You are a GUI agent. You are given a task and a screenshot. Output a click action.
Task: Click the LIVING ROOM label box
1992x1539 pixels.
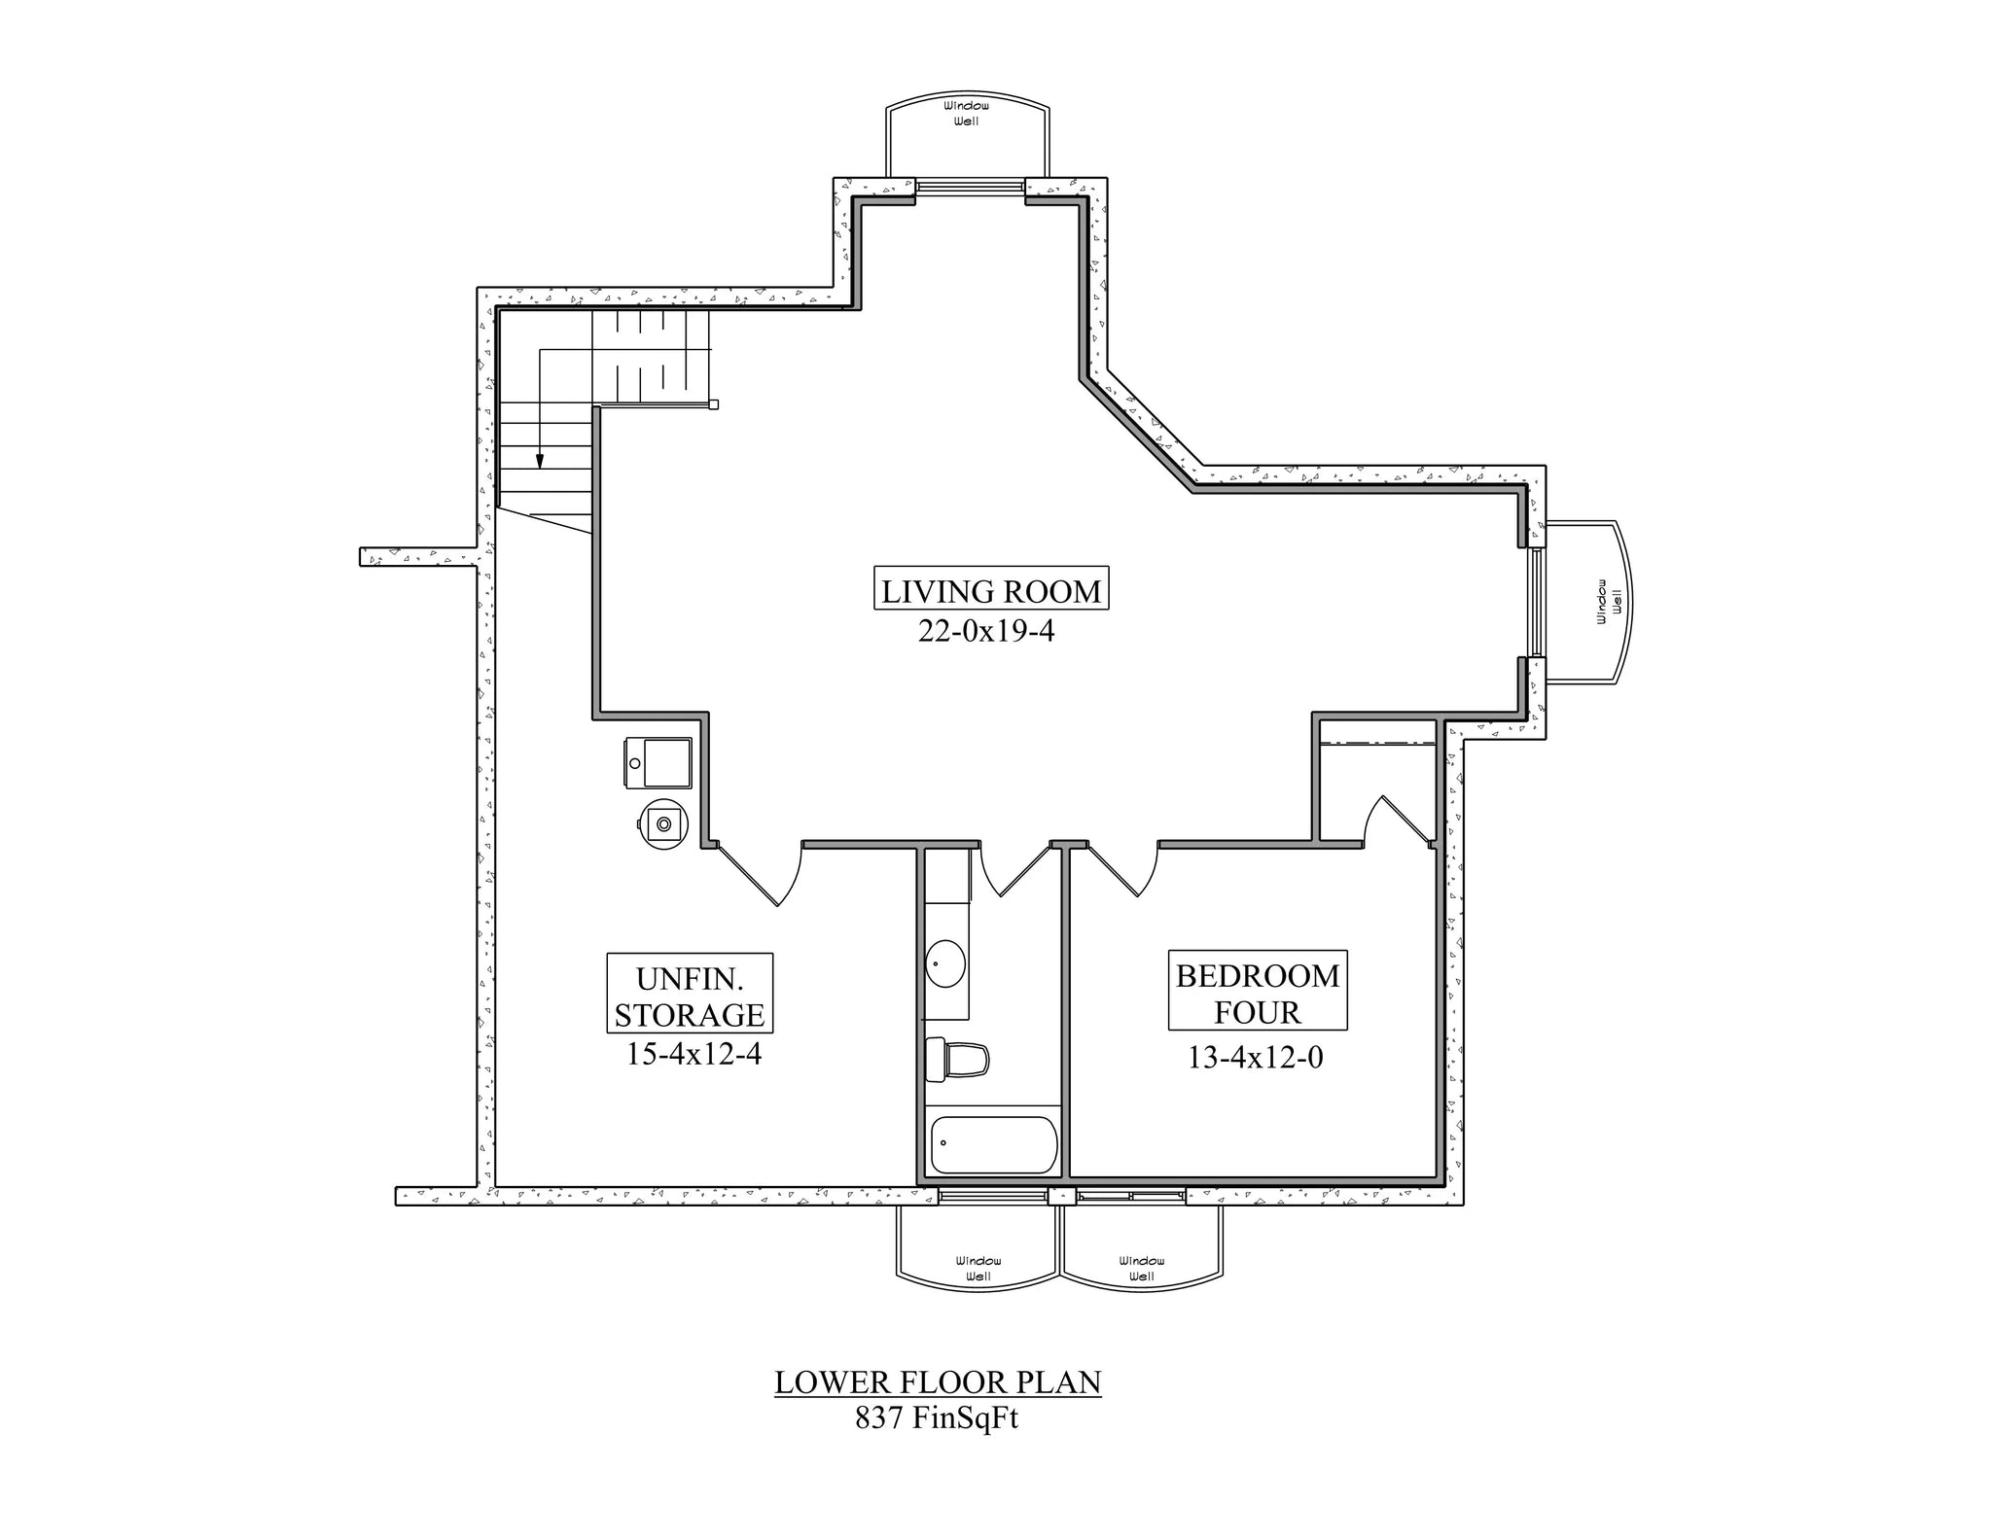pyautogui.click(x=991, y=590)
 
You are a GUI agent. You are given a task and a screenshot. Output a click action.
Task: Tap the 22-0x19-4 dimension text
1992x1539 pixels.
pyautogui.click(x=986, y=632)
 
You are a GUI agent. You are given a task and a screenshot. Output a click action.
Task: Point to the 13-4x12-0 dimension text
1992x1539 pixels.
pyautogui.click(x=1255, y=1058)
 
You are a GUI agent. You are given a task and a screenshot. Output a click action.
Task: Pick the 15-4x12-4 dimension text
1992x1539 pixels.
pyautogui.click(x=693, y=1054)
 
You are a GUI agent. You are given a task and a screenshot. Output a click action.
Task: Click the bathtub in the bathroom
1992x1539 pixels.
pyautogui.click(x=993, y=1144)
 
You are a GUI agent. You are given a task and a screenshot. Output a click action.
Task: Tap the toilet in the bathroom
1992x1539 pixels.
pyautogui.click(x=958, y=1059)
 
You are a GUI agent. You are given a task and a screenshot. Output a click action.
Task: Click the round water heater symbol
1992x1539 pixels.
pyautogui.click(x=663, y=823)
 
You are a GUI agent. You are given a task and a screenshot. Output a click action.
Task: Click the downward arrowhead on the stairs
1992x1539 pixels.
pyautogui.click(x=539, y=461)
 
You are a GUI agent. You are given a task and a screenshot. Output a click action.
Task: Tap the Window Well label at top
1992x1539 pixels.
pyautogui.click(x=967, y=113)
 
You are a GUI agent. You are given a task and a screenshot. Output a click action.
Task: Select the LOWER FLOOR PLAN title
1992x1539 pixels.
pyautogui.click(x=938, y=1382)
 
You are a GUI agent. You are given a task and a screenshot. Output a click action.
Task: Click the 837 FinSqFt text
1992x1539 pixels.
pyautogui.click(x=936, y=1418)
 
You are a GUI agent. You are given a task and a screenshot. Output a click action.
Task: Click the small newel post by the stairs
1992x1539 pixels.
pyautogui.click(x=714, y=404)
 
